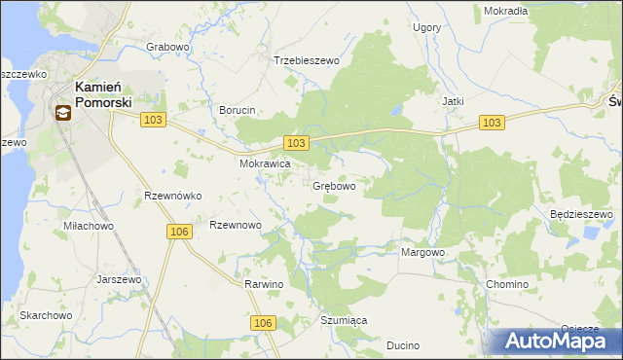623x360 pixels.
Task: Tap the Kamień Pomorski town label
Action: [x=102, y=92]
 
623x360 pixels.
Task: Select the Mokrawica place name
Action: [x=266, y=164]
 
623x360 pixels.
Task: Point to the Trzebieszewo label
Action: [x=307, y=60]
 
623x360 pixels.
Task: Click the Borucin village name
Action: [x=237, y=110]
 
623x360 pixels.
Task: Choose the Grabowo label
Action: [x=166, y=46]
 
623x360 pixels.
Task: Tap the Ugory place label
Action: [x=426, y=28]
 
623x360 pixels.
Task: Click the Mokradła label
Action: [x=505, y=11]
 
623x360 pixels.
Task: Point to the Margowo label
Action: [x=422, y=252]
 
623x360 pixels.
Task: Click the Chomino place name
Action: [x=506, y=284]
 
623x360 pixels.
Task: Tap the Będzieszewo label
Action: [x=580, y=213]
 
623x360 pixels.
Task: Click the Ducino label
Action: [x=402, y=345]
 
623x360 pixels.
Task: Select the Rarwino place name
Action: [x=264, y=284]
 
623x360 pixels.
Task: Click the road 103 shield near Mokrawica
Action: [x=297, y=143]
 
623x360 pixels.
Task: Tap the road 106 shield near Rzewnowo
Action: [x=178, y=231]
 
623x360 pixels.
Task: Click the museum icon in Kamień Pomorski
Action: [x=62, y=112]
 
